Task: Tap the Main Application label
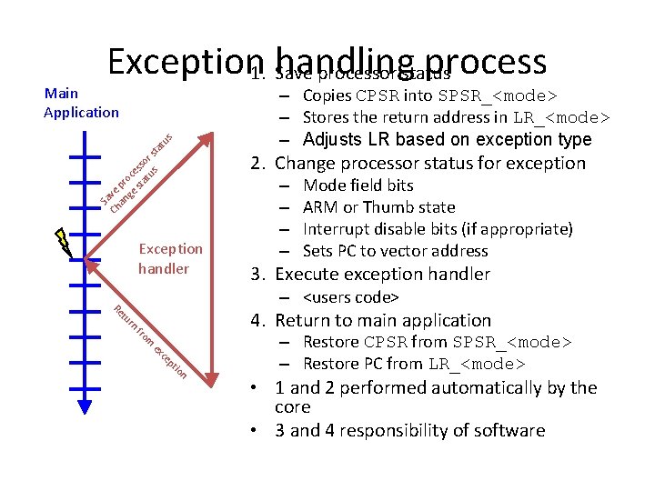point(81,103)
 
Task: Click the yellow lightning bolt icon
point(63,240)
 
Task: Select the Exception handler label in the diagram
point(170,258)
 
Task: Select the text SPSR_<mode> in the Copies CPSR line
point(499,96)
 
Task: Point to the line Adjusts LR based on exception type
point(447,139)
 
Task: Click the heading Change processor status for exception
point(430,164)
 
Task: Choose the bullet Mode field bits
point(358,185)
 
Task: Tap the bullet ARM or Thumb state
point(378,207)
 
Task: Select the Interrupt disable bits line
point(437,229)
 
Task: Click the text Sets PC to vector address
point(395,251)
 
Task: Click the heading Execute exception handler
point(382,275)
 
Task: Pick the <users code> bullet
point(351,297)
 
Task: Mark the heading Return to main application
point(382,320)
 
